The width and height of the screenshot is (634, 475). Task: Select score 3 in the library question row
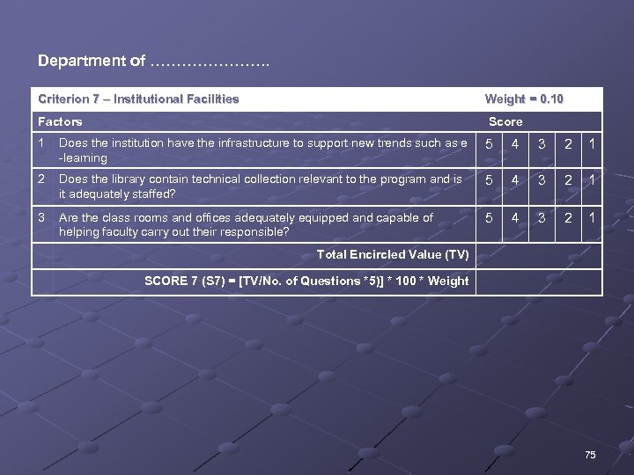542,180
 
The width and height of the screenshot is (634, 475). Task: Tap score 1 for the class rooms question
593,218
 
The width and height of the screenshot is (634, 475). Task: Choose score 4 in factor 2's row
516,180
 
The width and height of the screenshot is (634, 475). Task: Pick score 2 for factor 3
569,218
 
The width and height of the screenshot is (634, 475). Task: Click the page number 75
590,454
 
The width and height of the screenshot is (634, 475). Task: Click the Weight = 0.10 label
524,99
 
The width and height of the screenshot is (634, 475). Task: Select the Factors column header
60,121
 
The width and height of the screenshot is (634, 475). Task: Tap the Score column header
505,121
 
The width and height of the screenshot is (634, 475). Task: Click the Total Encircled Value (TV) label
392,255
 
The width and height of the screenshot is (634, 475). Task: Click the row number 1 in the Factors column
41,142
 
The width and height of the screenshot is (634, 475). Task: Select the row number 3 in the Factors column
41,217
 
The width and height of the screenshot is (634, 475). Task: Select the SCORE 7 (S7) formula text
306,281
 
